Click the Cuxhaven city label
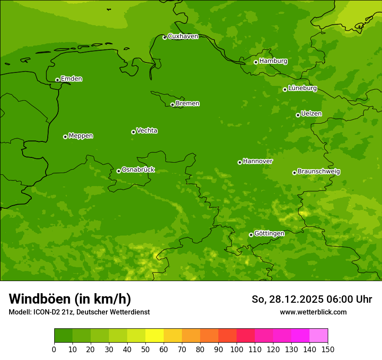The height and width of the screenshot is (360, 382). pyautogui.click(x=183, y=36)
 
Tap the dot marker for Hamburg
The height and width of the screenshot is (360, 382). pyautogui.click(x=256, y=62)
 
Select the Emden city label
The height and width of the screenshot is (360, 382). pyautogui.click(x=71, y=79)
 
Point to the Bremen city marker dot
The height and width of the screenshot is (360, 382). pyautogui.click(x=172, y=105)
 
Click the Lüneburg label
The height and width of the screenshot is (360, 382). pyautogui.click(x=302, y=88)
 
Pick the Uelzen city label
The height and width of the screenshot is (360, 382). pyautogui.click(x=311, y=114)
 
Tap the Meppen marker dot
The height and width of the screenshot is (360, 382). pyautogui.click(x=65, y=137)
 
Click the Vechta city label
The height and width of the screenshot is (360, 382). pyautogui.click(x=147, y=131)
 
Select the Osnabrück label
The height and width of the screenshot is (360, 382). pyautogui.click(x=138, y=170)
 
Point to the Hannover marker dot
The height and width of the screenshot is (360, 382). pyautogui.click(x=240, y=162)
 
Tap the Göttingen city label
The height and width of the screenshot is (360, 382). pyautogui.click(x=269, y=233)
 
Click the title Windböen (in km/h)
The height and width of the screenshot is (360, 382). pyautogui.click(x=70, y=299)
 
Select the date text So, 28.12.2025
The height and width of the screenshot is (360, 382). pyautogui.click(x=287, y=299)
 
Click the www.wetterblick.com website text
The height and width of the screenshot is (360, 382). pyautogui.click(x=313, y=312)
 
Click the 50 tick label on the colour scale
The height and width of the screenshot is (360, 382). pyautogui.click(x=145, y=349)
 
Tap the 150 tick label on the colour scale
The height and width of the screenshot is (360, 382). pyautogui.click(x=328, y=349)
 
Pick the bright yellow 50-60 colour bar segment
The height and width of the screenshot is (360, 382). pyautogui.click(x=155, y=336)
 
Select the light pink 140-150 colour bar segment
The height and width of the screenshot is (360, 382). pyautogui.click(x=319, y=336)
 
